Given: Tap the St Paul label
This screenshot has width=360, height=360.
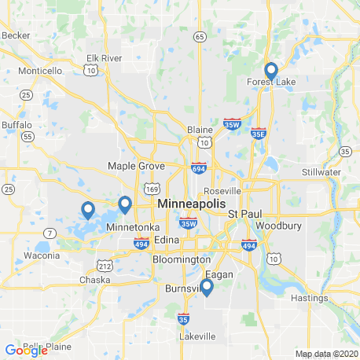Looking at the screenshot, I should tap(244, 214).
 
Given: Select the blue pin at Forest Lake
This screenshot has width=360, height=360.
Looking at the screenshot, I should tap(271, 72).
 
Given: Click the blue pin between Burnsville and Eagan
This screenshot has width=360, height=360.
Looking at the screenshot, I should tap(207, 288).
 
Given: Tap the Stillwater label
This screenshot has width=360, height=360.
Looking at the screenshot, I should tap(321, 171).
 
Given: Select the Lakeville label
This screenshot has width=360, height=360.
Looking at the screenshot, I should tap(197, 336).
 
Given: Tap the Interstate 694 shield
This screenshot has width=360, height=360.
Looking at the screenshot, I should tap(199, 167).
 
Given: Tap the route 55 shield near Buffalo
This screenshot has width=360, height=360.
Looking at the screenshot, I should tap(28, 136).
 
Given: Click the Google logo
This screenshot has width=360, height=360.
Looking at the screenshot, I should tap(25, 350).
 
